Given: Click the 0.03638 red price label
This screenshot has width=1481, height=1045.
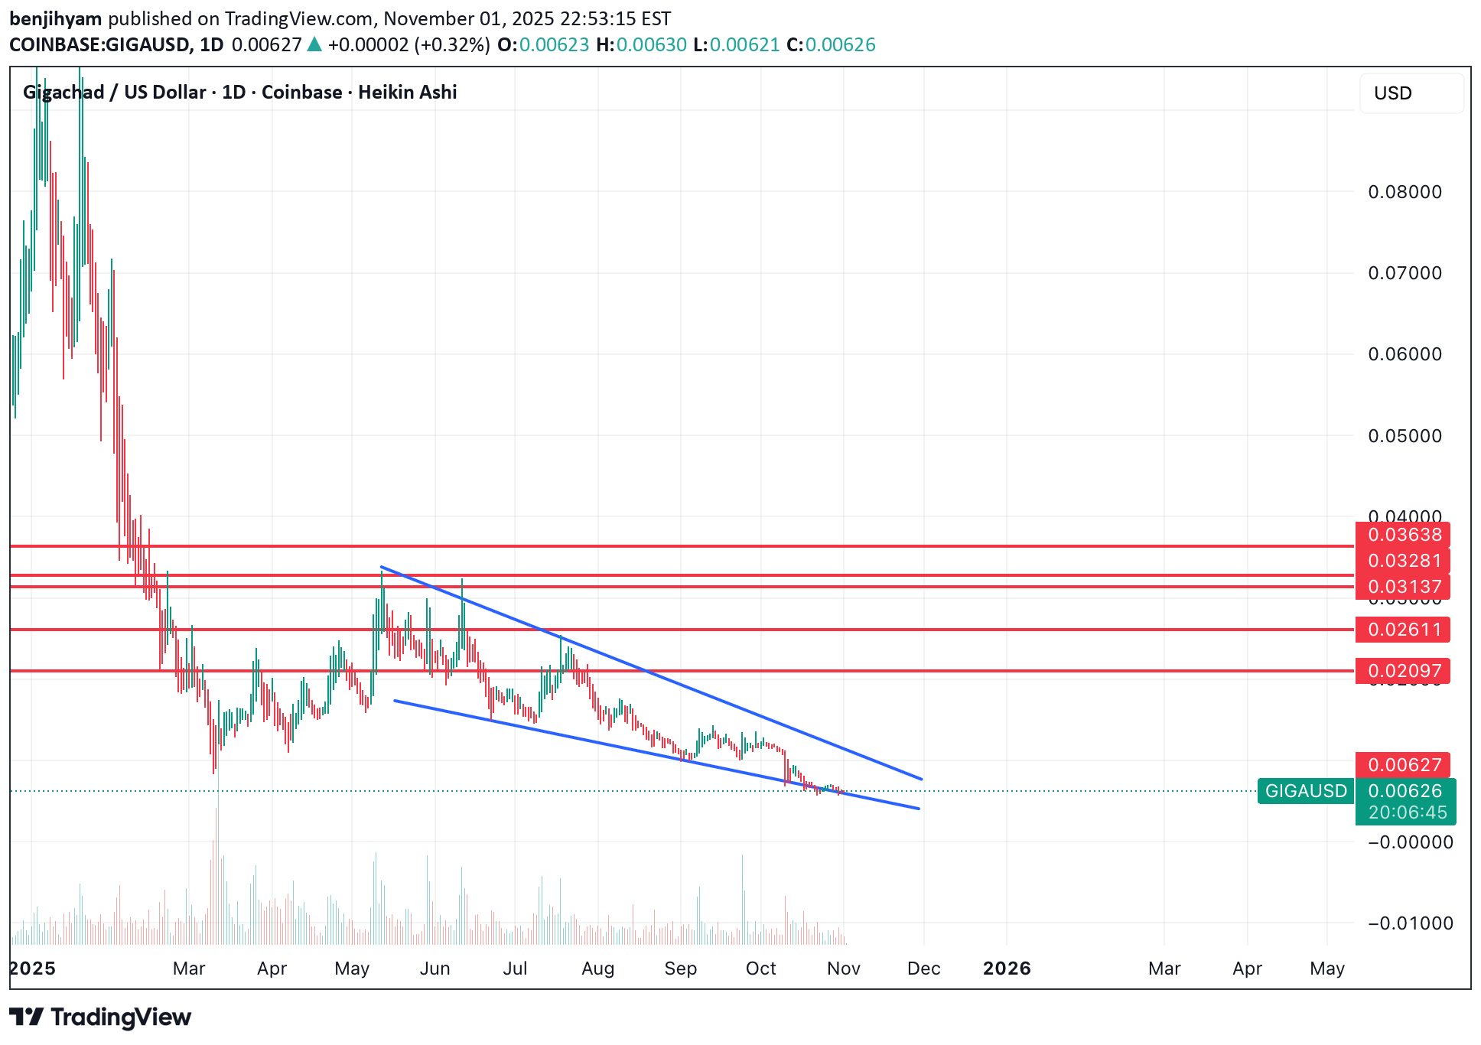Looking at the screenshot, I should pos(1404,535).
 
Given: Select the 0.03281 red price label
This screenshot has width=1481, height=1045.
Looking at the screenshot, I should pos(1404,561).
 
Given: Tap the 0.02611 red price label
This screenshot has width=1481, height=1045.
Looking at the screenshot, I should pos(1404,630).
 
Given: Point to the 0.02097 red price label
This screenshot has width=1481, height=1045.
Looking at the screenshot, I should pos(1404,671).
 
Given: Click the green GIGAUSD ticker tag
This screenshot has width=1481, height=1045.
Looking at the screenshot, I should pos(1305,791).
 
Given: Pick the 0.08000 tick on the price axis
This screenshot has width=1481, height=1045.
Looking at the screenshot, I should pos(1405,192).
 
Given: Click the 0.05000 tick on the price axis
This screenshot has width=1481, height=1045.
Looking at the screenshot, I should pos(1405,436).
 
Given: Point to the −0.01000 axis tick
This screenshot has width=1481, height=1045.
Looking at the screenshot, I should pos(1410,923).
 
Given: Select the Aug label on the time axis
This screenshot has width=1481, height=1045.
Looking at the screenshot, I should pos(597,968).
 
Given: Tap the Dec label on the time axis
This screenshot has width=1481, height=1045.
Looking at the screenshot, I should pos(923,968).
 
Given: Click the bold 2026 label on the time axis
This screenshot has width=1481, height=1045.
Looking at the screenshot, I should pos(1007,968).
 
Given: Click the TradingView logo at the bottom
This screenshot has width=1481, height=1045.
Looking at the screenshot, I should pos(100,1017).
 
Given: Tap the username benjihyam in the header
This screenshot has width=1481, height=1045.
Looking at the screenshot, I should pos(55,18).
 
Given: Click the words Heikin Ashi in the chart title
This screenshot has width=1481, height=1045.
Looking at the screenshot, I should pos(407,93).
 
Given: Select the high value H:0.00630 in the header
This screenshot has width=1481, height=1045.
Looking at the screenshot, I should pos(641,45).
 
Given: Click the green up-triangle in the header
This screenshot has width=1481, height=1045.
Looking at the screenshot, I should pos(314,45).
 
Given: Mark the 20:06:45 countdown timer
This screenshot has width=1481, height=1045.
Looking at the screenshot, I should pos(1408,812).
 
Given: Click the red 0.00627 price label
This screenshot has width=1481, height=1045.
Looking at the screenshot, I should pos(1404,765).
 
